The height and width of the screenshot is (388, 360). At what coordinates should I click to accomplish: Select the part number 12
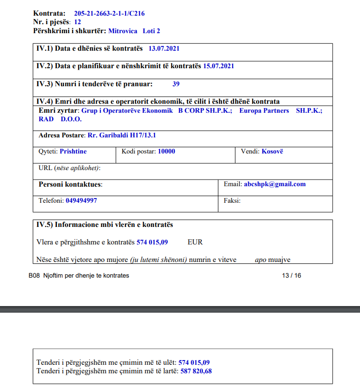(x=78, y=22)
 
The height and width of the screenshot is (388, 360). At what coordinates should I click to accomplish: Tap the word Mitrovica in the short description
(x=123, y=31)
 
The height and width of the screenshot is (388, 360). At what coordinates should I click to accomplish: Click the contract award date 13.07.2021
(x=164, y=48)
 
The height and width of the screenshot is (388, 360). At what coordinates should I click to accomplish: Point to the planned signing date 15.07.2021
(x=218, y=66)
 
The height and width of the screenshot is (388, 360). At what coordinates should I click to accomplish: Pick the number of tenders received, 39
(x=176, y=84)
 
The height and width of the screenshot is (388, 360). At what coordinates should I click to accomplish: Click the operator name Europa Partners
(x=264, y=110)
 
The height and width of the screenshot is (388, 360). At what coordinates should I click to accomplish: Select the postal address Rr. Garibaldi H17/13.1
(x=122, y=135)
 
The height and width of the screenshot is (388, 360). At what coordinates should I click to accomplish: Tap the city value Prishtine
(x=73, y=152)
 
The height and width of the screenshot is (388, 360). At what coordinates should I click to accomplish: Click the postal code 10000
(x=166, y=152)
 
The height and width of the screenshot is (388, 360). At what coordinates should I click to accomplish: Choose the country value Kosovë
(x=272, y=152)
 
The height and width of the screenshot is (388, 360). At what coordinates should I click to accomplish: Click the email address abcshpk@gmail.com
(x=275, y=184)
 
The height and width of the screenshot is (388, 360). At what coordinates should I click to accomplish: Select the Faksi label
(x=232, y=200)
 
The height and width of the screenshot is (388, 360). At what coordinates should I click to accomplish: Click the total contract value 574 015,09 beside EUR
(x=152, y=242)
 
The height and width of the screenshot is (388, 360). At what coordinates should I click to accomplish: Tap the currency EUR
(x=195, y=242)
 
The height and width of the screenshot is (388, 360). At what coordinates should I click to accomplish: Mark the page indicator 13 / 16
(x=291, y=275)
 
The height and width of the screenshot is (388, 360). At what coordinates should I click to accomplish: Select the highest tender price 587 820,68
(x=196, y=371)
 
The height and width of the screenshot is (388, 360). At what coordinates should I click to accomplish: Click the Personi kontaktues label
(x=70, y=184)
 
